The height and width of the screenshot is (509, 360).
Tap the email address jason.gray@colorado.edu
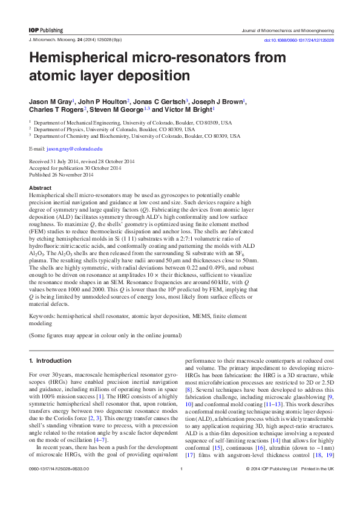pyautogui.click(x=74, y=148)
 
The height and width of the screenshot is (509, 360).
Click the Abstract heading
pyautogui.click(x=40, y=188)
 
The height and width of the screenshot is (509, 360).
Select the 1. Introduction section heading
pyautogui.click(x=50, y=360)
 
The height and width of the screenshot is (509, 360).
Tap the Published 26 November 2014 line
pyautogui.click(x=61, y=175)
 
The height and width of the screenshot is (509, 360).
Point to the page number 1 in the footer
pyautogui.click(x=180, y=485)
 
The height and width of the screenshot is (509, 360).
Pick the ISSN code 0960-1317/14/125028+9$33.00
pyautogui.click(x=59, y=485)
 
